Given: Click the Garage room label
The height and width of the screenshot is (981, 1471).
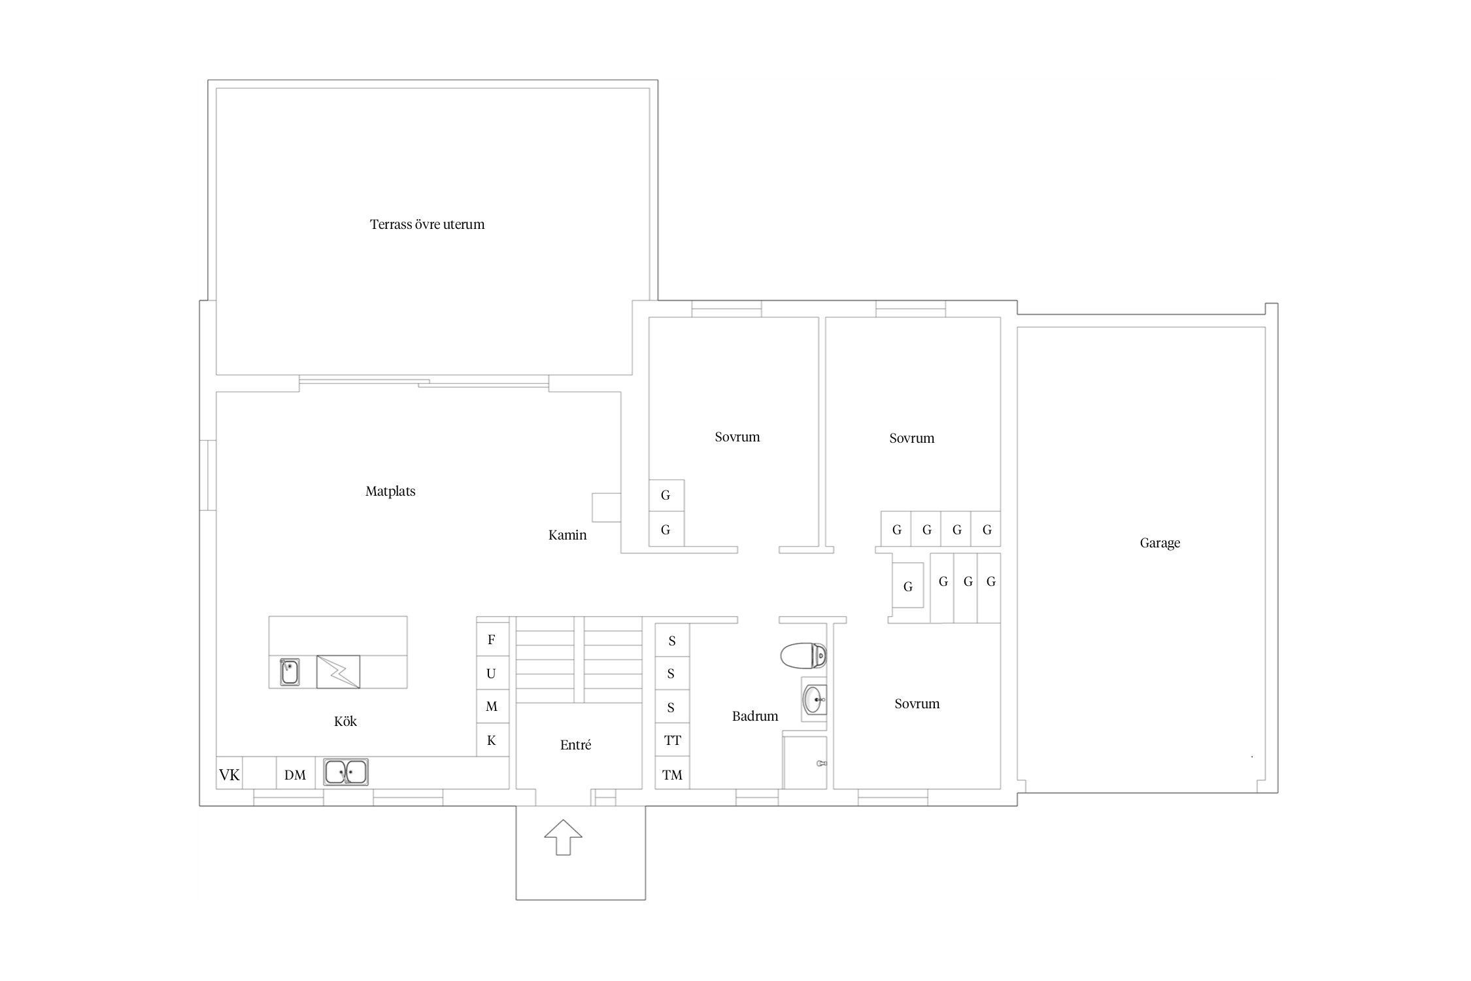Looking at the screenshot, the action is (x=1160, y=543).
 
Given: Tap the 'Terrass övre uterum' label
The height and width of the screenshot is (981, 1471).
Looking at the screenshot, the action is (x=427, y=224).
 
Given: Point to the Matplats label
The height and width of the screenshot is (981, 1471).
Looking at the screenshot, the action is (x=390, y=491).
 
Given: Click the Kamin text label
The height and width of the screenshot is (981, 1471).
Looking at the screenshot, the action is (x=567, y=535).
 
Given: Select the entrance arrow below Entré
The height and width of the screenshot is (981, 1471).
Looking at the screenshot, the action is (x=563, y=837).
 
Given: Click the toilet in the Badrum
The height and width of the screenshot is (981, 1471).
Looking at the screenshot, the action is (x=803, y=655).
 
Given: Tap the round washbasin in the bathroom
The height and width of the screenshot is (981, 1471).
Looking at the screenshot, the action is (x=815, y=700).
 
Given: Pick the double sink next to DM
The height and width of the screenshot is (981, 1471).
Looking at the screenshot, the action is (x=346, y=772).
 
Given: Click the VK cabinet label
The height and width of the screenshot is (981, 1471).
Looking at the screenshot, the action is (x=229, y=775).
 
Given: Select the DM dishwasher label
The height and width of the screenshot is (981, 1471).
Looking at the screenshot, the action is (x=295, y=775).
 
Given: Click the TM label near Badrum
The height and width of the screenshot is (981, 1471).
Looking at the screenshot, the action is (x=672, y=775).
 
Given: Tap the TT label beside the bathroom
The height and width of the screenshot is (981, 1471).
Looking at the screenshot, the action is (x=672, y=740).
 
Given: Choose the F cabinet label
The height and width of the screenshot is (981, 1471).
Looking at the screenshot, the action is (x=492, y=640).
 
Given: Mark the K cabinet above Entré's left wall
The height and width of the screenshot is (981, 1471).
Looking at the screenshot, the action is (x=492, y=740).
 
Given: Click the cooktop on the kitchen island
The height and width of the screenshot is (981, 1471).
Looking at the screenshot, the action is (x=338, y=672).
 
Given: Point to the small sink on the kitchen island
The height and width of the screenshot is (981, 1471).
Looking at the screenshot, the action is (x=290, y=672).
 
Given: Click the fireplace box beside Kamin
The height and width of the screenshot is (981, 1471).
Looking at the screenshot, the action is (x=606, y=508).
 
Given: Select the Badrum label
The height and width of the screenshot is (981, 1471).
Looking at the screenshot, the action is (x=755, y=716).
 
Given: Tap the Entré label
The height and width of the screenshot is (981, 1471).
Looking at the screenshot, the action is (x=575, y=745).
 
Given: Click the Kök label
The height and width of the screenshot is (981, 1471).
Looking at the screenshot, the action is (x=345, y=721).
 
